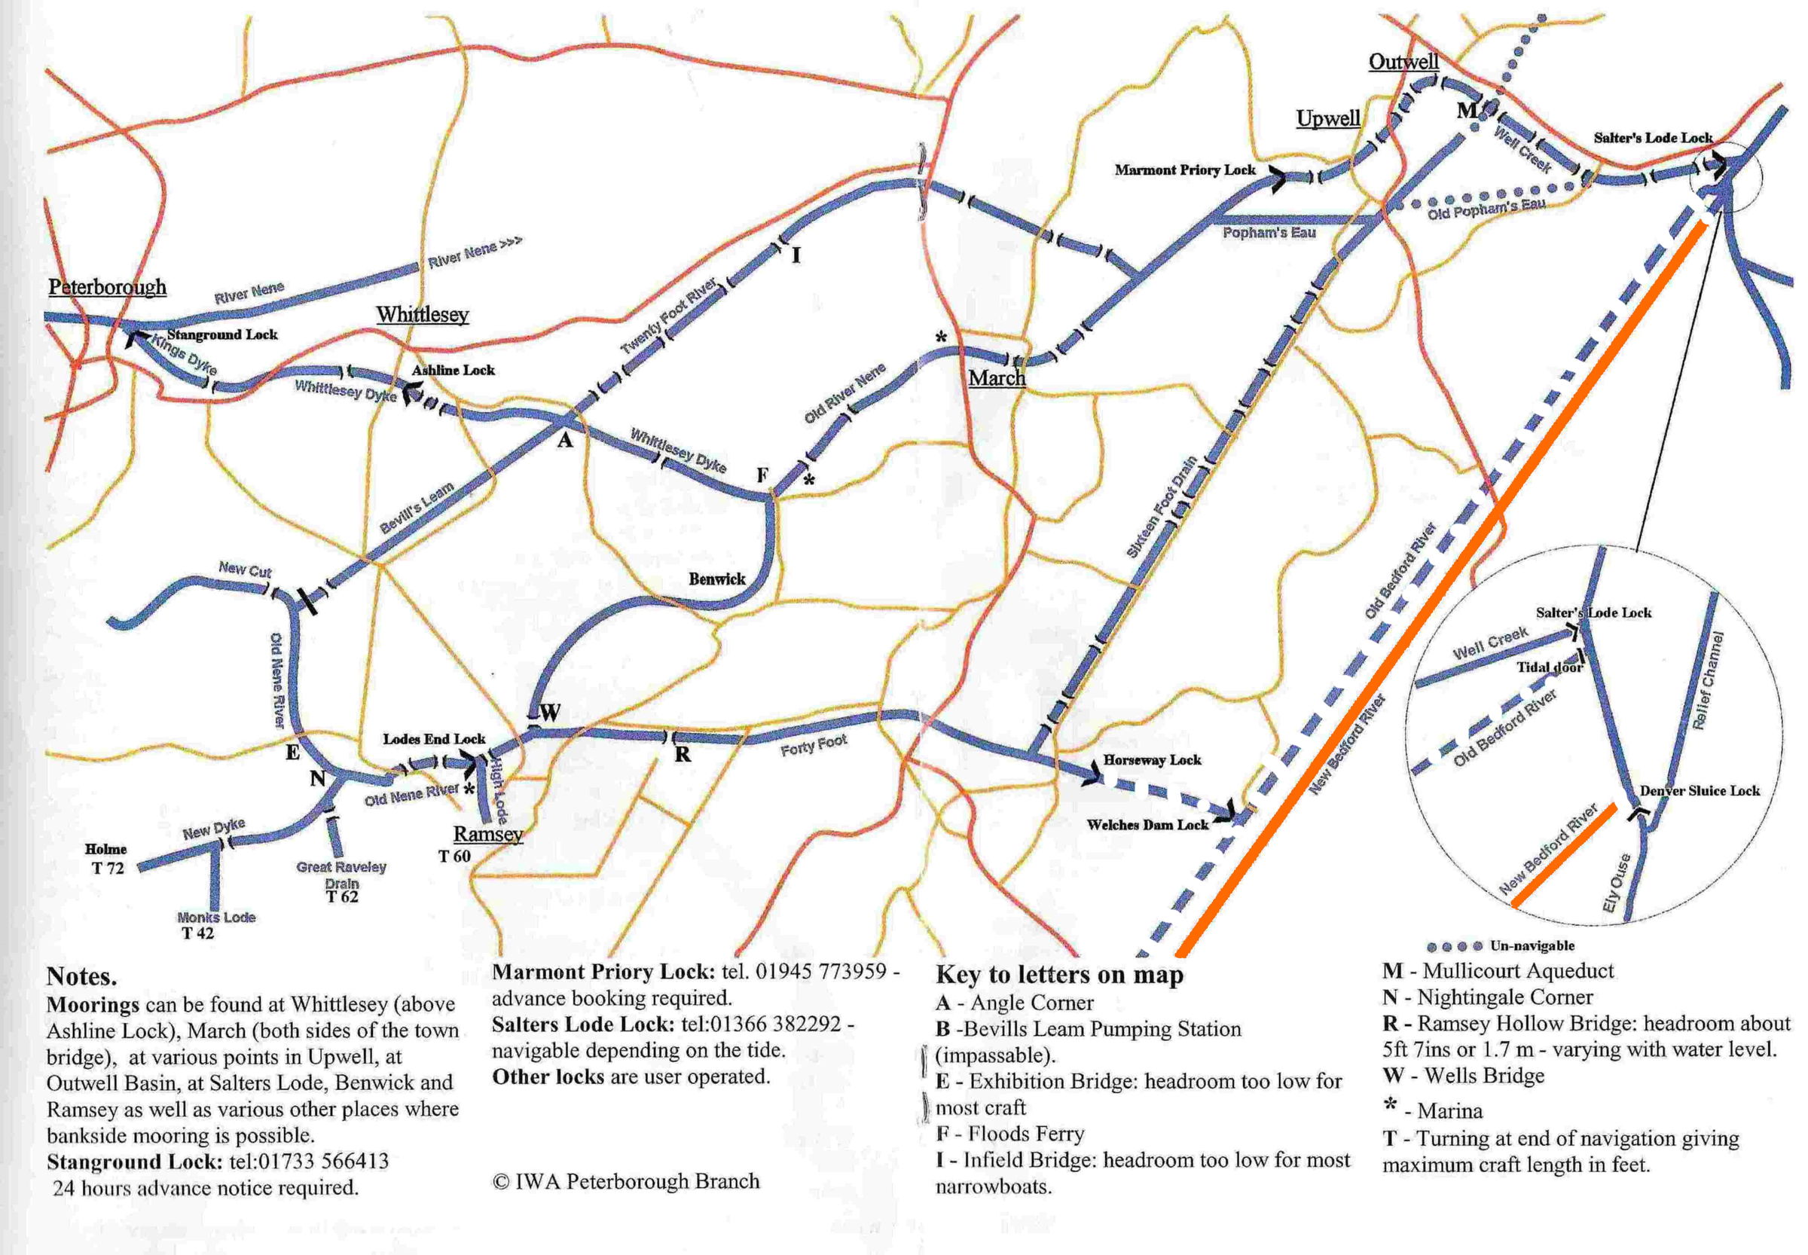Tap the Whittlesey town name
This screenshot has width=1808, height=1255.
(423, 315)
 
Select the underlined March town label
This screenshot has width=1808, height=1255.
(997, 377)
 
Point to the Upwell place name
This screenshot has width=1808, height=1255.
(1327, 118)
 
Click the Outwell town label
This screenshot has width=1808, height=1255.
(1403, 61)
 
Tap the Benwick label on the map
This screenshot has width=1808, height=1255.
(716, 579)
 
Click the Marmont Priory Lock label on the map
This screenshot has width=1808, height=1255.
(1184, 169)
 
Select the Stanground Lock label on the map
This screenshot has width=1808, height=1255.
(221, 334)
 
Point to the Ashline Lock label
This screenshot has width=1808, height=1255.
(453, 370)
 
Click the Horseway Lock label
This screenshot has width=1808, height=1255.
(1151, 759)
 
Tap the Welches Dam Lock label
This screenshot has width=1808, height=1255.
(1147, 824)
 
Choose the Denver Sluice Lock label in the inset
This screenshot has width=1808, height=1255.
(1700, 790)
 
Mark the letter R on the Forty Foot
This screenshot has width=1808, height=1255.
(682, 754)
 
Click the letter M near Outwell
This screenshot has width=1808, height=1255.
(1467, 110)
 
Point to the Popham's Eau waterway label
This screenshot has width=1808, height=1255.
(1269, 233)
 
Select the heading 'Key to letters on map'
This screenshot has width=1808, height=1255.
(1058, 975)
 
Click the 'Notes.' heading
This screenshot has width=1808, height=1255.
(82, 976)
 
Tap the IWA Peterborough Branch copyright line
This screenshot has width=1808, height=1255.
(626, 1181)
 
